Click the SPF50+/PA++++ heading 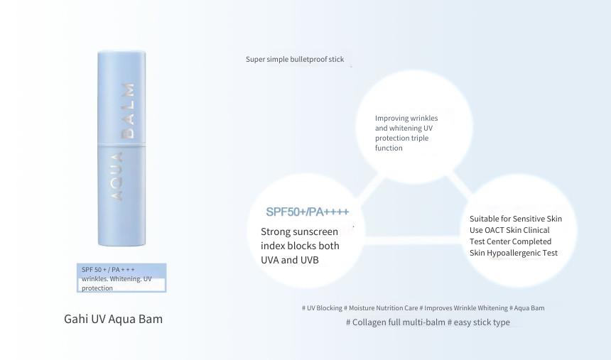[x=308, y=212]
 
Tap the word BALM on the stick [x=128, y=111]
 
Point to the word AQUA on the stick [x=117, y=177]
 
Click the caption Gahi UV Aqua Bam [x=114, y=319]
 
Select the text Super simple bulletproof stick [x=295, y=59]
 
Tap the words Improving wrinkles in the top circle [x=406, y=118]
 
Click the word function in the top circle [x=389, y=148]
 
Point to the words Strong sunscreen [x=299, y=231]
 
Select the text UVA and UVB [x=290, y=260]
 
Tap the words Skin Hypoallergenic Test [x=514, y=253]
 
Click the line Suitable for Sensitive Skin [x=516, y=219]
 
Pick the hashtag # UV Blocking [x=322, y=307]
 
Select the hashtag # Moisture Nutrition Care [x=381, y=307]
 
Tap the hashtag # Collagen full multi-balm [x=396, y=322]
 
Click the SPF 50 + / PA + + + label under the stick [x=108, y=270]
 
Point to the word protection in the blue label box [x=97, y=288]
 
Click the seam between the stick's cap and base [x=121, y=146]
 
